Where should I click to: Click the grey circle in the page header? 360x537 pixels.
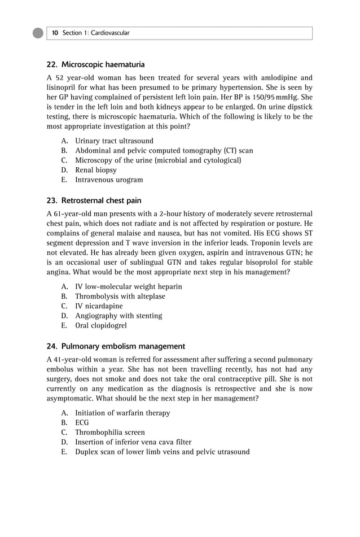click(38, 33)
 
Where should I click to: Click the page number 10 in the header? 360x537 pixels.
click(55, 33)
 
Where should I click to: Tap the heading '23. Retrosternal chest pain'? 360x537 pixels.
click(93, 200)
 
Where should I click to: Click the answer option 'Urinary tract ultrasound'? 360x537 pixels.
click(114, 141)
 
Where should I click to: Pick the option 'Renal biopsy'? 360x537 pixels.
click(96, 170)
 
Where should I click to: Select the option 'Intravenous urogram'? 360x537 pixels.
click(109, 180)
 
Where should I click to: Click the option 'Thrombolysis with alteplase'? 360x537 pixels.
click(120, 296)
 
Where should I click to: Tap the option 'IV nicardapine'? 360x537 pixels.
click(99, 306)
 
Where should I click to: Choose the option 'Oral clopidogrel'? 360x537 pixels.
click(101, 325)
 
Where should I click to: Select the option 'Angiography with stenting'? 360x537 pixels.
click(118, 316)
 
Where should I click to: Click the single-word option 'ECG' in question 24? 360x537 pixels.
click(82, 422)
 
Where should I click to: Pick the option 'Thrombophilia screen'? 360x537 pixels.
click(110, 433)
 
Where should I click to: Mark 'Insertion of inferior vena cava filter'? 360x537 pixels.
click(133, 442)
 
